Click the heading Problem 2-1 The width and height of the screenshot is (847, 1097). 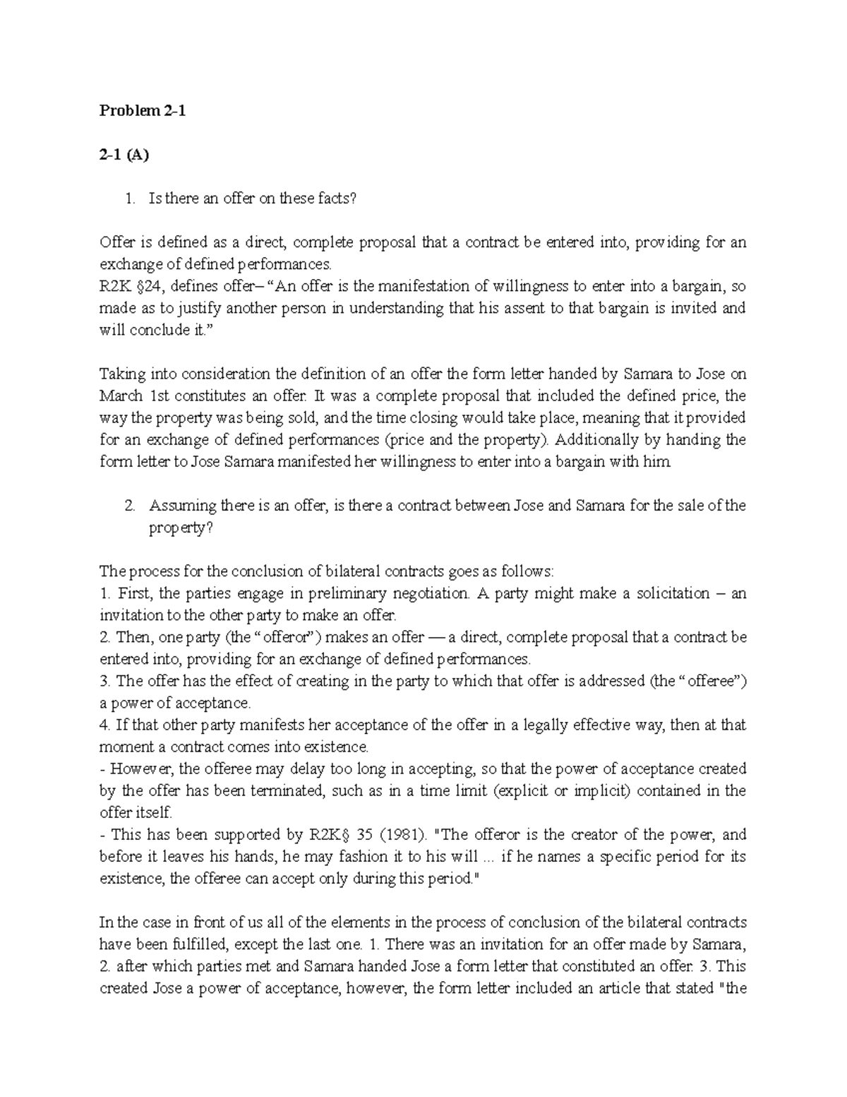[143, 111]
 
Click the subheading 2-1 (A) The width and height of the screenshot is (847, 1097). [124, 155]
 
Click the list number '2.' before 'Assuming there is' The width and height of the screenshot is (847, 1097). [129, 506]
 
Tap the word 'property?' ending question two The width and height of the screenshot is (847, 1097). [180, 528]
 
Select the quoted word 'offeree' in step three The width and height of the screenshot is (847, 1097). [715, 681]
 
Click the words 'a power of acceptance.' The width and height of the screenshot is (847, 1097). [175, 703]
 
